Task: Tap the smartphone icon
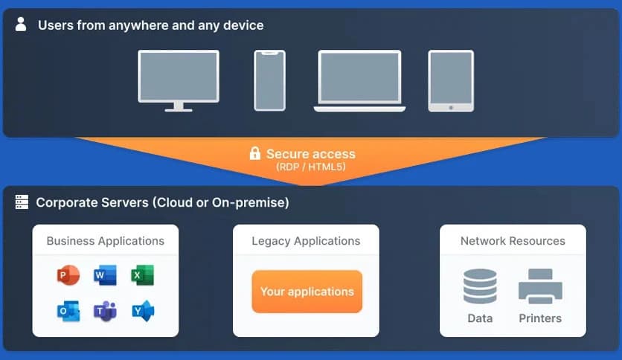[269, 80]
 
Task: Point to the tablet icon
[451, 81]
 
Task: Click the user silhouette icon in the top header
[21, 25]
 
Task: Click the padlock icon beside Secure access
[254, 154]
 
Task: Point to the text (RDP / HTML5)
[310, 167]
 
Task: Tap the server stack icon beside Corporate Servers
[22, 202]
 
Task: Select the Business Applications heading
[106, 241]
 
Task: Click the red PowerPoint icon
[68, 275]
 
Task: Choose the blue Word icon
[105, 275]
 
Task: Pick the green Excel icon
[142, 275]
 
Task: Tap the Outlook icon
[68, 311]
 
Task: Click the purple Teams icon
[105, 311]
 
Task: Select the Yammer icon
[142, 311]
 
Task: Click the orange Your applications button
[307, 292]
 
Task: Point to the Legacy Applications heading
[306, 241]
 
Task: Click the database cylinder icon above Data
[480, 286]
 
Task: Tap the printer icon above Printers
[539, 286]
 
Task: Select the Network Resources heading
[513, 241]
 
